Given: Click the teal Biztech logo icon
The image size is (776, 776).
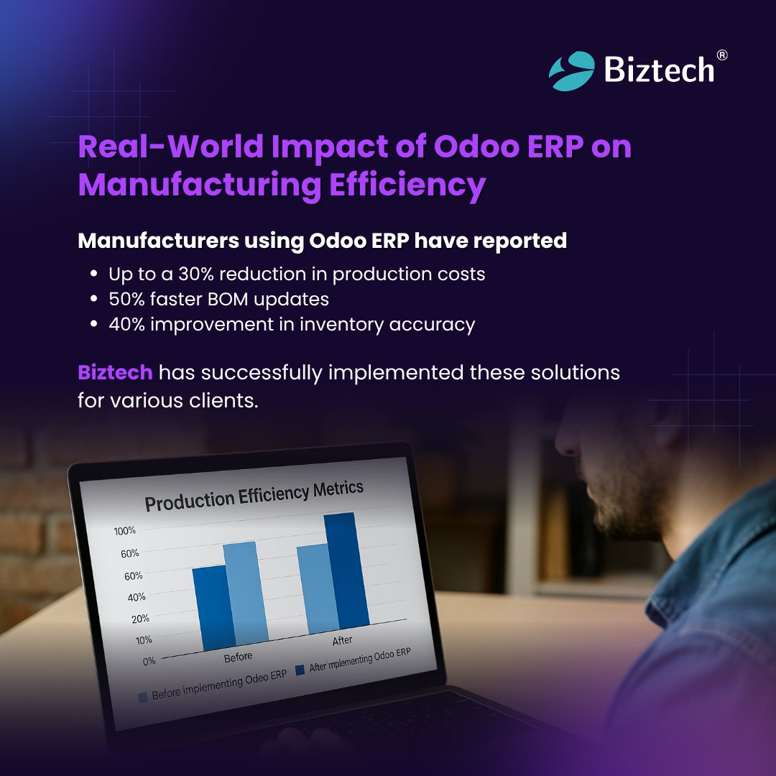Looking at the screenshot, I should [x=572, y=70].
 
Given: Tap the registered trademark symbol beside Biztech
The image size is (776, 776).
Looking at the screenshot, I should [x=722, y=55].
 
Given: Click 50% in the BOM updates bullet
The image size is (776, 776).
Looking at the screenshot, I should [x=127, y=299].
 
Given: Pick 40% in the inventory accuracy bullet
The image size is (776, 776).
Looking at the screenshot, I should [x=127, y=324].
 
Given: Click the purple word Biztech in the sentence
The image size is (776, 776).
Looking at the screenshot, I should [x=115, y=373].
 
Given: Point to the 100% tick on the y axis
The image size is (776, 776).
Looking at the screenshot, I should [x=125, y=531].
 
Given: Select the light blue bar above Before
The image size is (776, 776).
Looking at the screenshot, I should [x=244, y=592].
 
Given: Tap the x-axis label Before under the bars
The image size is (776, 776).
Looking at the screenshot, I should [x=238, y=657].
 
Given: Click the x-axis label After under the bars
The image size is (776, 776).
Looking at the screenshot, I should [x=341, y=640].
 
